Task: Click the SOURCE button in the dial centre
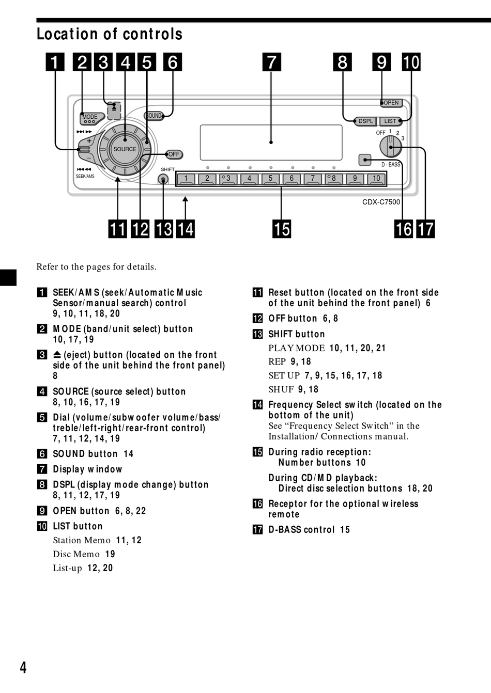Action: click(x=125, y=149)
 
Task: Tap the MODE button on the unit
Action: click(x=89, y=117)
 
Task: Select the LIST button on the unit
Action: click(x=390, y=121)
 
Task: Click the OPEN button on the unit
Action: click(x=391, y=103)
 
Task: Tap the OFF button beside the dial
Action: click(x=174, y=154)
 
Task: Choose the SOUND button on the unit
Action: click(x=154, y=116)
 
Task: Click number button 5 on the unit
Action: click(x=270, y=179)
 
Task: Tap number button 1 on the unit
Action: click(x=186, y=179)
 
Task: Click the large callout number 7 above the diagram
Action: click(x=272, y=62)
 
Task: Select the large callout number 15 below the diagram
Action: click(x=282, y=229)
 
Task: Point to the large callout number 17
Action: click(x=426, y=229)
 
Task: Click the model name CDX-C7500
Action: click(x=381, y=202)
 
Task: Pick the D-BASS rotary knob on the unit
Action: click(x=391, y=147)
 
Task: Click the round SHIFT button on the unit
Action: click(x=163, y=180)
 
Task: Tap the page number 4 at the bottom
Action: click(x=23, y=668)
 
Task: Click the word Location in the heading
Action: click(x=68, y=34)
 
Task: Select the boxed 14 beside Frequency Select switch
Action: click(x=257, y=405)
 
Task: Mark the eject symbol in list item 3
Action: click(x=57, y=355)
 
